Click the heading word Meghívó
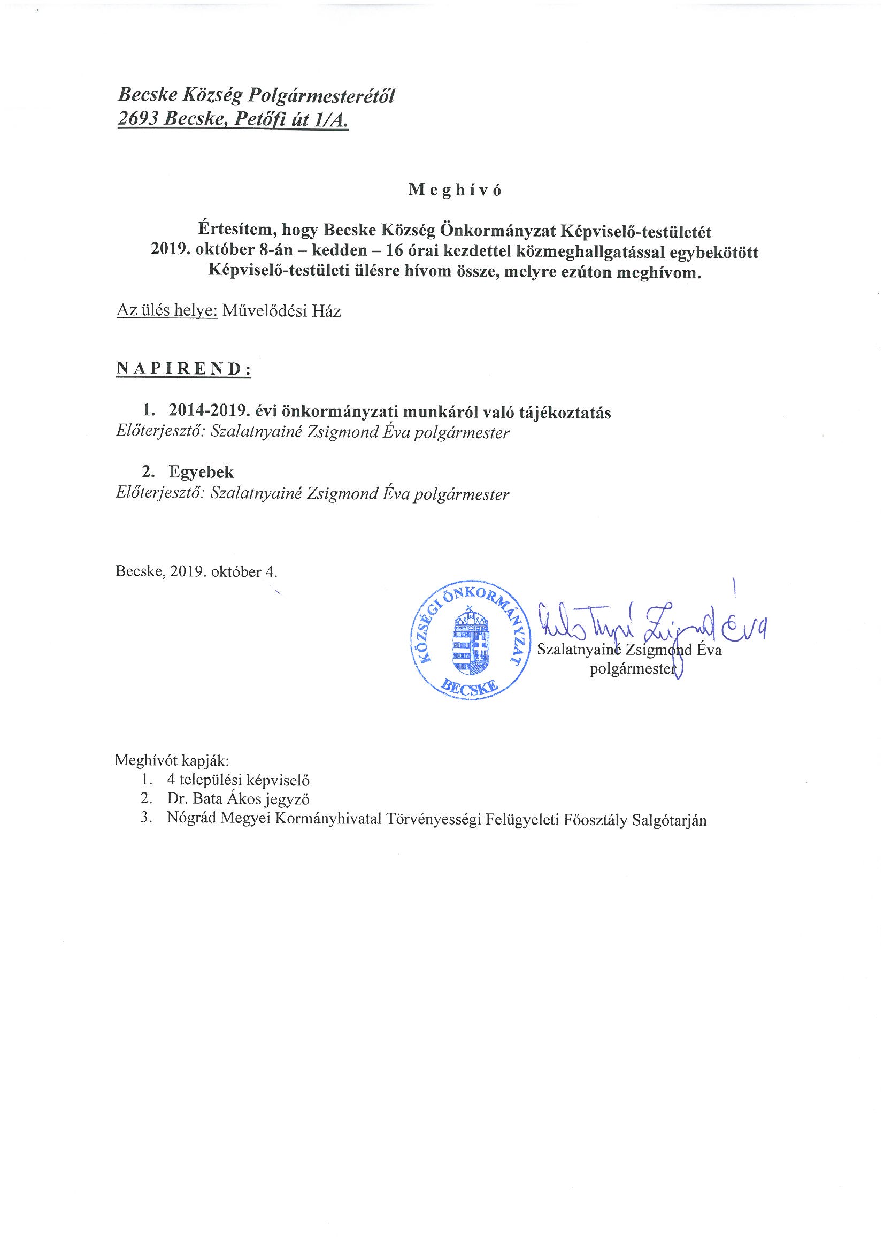click(x=455, y=190)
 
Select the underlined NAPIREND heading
click(x=183, y=368)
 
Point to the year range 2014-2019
click(x=207, y=412)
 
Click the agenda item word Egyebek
click(x=202, y=471)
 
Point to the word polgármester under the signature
click(x=632, y=668)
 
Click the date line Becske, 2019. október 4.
click(x=197, y=572)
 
